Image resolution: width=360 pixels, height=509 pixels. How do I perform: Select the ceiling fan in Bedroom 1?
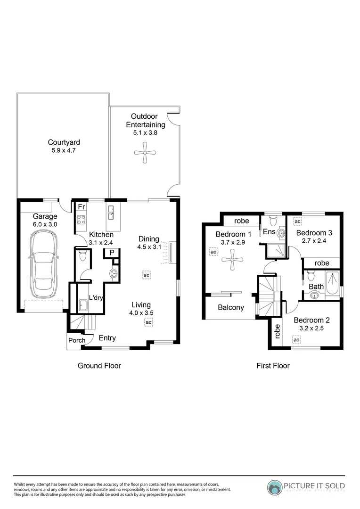[x=233, y=261]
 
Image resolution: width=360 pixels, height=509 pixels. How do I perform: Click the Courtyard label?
[x=64, y=142]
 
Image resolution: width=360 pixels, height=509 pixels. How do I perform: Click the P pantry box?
[x=112, y=253]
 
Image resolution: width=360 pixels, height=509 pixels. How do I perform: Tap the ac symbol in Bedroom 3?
[x=297, y=221]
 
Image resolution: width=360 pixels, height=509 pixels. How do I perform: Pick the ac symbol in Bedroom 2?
[x=296, y=340]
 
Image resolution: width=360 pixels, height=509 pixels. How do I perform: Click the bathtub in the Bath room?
[x=332, y=286]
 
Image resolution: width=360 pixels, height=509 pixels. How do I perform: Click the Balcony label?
[x=231, y=308]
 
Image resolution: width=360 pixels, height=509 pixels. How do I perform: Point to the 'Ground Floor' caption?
[x=99, y=366]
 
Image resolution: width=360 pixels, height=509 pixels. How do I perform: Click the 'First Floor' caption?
[x=273, y=366]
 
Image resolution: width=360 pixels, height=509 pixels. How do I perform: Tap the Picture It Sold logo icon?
[x=274, y=487]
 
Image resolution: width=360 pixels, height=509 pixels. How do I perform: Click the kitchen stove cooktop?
[x=81, y=219]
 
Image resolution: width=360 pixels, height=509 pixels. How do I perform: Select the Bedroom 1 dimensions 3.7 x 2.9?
[x=233, y=242]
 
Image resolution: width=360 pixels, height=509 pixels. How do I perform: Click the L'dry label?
[x=96, y=298]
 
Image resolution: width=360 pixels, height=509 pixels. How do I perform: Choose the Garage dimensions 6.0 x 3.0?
[x=45, y=225]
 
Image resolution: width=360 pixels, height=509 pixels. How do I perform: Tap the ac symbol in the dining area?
[x=147, y=274]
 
